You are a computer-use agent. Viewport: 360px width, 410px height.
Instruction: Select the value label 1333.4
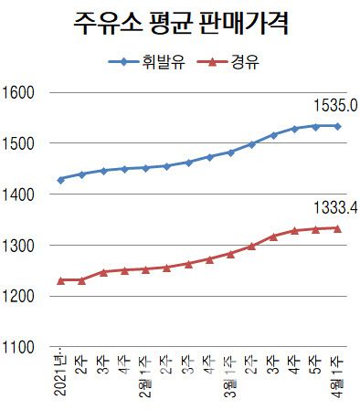click(x=334, y=208)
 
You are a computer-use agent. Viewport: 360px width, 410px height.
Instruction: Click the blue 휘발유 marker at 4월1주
click(x=337, y=126)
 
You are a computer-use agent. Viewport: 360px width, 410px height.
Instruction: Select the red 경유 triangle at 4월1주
click(x=337, y=228)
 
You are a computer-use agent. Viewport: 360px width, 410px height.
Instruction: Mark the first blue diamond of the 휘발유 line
click(x=60, y=179)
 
